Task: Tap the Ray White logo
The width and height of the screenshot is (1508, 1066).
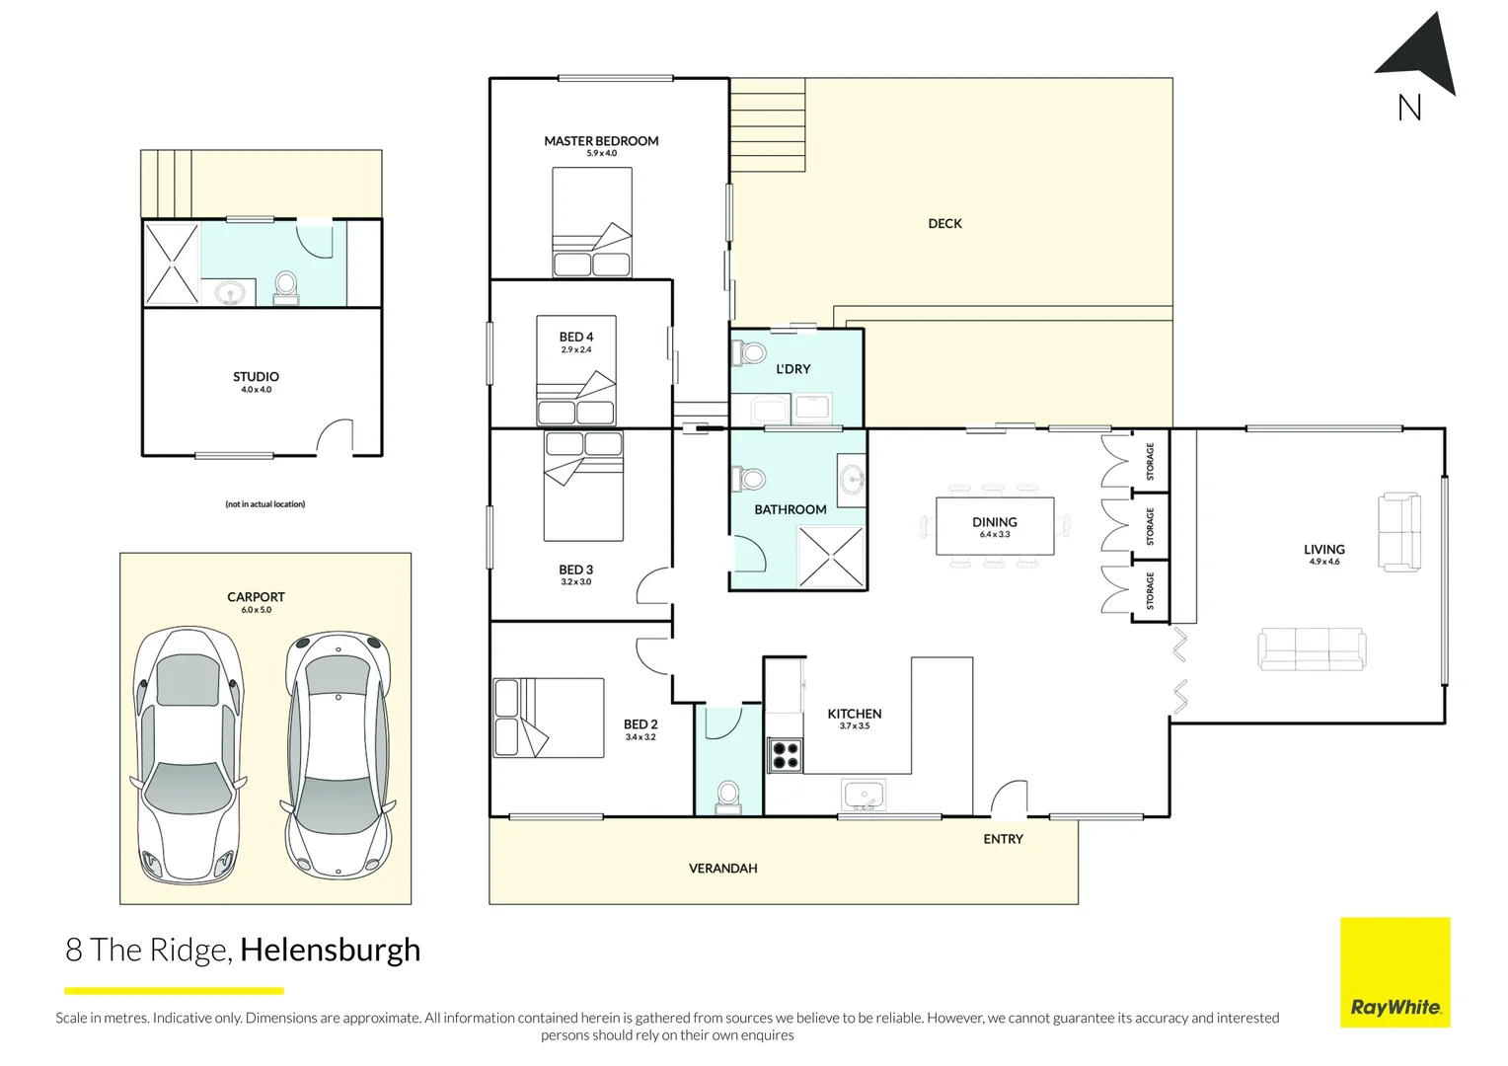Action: pyautogui.click(x=1395, y=971)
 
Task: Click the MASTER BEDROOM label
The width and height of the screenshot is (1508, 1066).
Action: pyautogui.click(x=601, y=141)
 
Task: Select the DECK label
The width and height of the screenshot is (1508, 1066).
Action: pyautogui.click(x=944, y=224)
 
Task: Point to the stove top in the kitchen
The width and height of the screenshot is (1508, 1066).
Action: pyautogui.click(x=785, y=755)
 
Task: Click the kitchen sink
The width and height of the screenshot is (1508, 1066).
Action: pyautogui.click(x=864, y=796)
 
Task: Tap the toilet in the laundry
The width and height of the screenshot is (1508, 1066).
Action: pyautogui.click(x=749, y=352)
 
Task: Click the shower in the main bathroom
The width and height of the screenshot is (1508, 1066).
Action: pyautogui.click(x=831, y=557)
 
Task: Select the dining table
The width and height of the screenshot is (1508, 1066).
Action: pyautogui.click(x=995, y=526)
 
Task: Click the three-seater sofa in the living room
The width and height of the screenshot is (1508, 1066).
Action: pyautogui.click(x=1312, y=649)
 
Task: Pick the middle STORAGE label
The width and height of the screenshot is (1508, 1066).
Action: pyautogui.click(x=1150, y=526)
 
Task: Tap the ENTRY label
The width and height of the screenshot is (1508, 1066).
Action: pyautogui.click(x=1003, y=839)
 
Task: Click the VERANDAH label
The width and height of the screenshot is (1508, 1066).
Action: pyautogui.click(x=723, y=869)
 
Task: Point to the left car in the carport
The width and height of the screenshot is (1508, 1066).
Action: pyautogui.click(x=188, y=755)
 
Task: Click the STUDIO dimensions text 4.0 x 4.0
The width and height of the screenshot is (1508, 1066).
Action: pyautogui.click(x=256, y=389)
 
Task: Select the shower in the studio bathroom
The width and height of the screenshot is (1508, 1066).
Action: pyautogui.click(x=172, y=264)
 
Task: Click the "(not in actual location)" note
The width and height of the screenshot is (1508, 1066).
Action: pyautogui.click(x=265, y=503)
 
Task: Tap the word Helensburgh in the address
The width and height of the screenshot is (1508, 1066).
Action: pyautogui.click(x=331, y=951)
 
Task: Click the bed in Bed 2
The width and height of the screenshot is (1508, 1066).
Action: pyautogui.click(x=549, y=718)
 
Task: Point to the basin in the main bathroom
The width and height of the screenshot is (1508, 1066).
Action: pyautogui.click(x=853, y=480)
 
